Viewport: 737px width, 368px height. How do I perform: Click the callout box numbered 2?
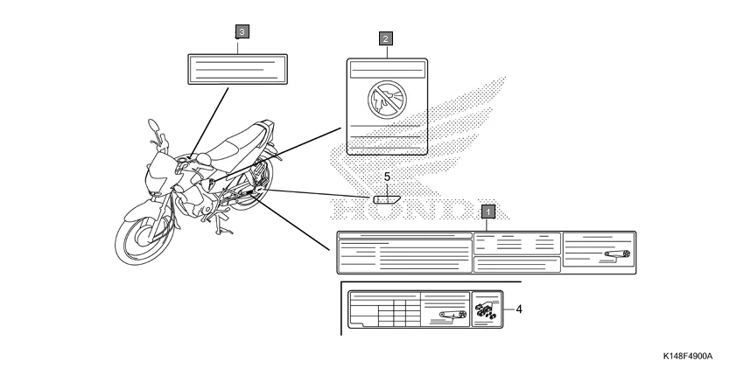(385, 38)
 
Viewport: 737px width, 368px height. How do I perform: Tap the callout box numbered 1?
(488, 211)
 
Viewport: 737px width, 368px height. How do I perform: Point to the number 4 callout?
(518, 309)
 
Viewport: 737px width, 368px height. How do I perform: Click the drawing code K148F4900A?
(688, 357)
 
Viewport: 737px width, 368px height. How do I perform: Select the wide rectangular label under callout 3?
(237, 68)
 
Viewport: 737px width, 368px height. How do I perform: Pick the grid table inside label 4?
(390, 313)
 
